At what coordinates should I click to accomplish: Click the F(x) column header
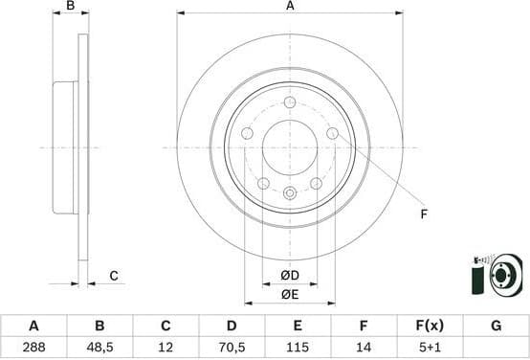430,326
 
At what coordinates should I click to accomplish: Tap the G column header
496,326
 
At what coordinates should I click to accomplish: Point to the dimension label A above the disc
290,7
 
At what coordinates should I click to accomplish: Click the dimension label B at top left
70,7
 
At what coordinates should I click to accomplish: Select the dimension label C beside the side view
113,276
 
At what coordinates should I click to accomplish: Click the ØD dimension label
290,277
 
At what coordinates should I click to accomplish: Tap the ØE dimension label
290,295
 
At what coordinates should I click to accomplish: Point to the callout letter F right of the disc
422,214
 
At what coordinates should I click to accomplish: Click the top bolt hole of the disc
290,102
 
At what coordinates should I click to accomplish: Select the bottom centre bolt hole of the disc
290,192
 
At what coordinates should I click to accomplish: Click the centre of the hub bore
290,147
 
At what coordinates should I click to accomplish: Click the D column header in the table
232,326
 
